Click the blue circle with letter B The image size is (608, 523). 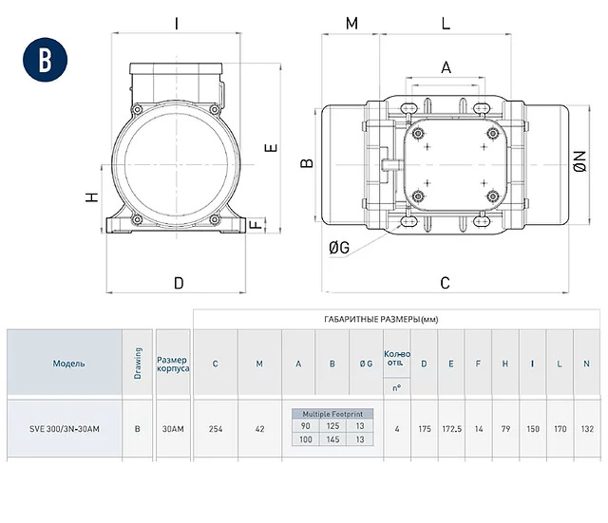(x=45, y=60)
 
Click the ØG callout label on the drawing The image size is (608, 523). (x=339, y=247)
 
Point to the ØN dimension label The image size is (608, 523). (x=580, y=161)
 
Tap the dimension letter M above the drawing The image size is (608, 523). (x=351, y=24)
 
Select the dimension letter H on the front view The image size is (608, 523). (x=92, y=197)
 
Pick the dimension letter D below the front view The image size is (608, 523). (x=179, y=283)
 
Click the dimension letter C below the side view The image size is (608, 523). (x=445, y=283)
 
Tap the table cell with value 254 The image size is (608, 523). (x=216, y=429)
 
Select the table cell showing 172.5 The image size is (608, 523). (x=452, y=429)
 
